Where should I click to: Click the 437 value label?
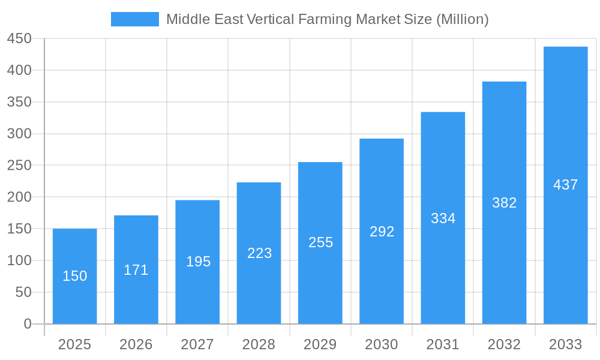[x=565, y=185]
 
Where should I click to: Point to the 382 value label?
[x=504, y=203]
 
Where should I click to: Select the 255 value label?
[x=320, y=242]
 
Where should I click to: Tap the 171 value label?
[x=136, y=270]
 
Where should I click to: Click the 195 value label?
[x=198, y=262]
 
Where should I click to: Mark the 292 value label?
[x=382, y=232]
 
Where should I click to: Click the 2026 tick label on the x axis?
[x=136, y=344]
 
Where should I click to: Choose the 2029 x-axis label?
[x=320, y=344]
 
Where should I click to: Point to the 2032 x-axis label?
[x=504, y=344]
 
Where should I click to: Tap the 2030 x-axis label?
[x=382, y=344]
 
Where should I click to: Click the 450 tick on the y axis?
[x=19, y=38]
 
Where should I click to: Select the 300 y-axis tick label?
[x=19, y=134]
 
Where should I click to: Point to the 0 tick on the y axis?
[x=28, y=324]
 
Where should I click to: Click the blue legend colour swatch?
[x=135, y=19]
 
